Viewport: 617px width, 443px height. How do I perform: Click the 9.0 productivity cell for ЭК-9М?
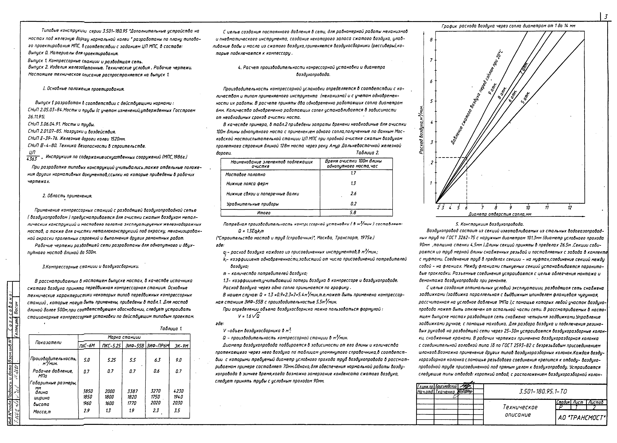178,360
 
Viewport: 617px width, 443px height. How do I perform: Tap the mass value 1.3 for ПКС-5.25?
108,410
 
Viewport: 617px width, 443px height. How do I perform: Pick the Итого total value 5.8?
353,212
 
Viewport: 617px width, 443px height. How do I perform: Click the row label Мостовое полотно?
245,174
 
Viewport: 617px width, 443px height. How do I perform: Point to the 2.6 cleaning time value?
353,193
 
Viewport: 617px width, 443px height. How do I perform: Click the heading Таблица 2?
367,153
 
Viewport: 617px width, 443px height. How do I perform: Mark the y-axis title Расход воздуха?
421,129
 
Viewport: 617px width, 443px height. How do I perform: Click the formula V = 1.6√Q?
249,316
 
